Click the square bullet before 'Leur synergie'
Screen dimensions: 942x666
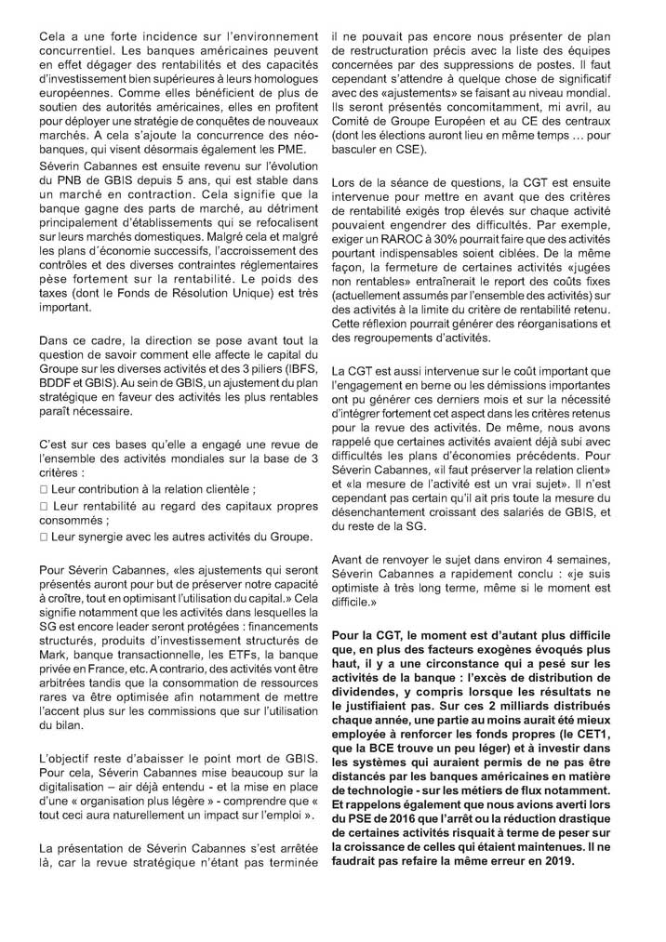43,537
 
